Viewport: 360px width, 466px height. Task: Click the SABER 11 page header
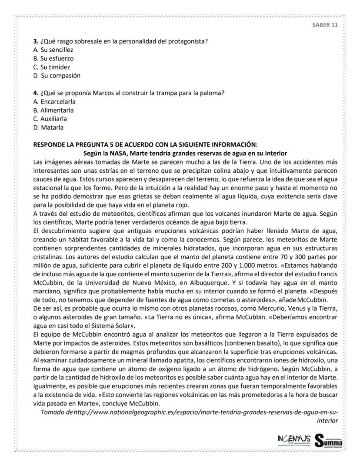(x=325, y=25)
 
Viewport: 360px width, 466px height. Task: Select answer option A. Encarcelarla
(x=55, y=101)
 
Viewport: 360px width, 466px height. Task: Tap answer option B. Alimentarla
(x=53, y=110)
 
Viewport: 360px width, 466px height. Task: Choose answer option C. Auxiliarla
(x=50, y=119)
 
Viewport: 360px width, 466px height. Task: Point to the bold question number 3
(x=36, y=41)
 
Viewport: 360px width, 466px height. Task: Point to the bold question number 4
(x=36, y=93)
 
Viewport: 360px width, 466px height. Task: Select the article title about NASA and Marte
(x=185, y=153)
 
